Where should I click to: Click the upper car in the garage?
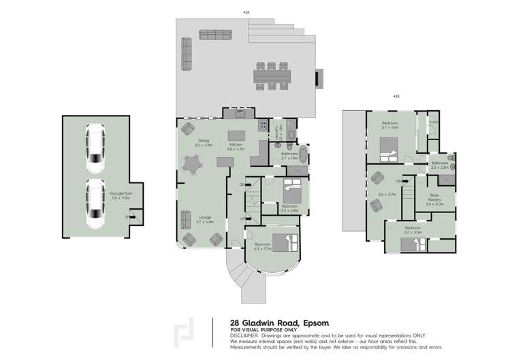95,148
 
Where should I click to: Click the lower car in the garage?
95,203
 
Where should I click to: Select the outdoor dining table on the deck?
271,76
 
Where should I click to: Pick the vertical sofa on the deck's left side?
186,53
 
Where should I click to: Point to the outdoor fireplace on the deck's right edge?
316,78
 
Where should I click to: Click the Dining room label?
204,143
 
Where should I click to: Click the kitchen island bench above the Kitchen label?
236,135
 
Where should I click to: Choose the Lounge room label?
204,219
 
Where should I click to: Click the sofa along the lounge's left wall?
185,220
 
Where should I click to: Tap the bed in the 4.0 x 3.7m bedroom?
281,242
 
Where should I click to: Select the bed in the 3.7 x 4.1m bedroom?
389,148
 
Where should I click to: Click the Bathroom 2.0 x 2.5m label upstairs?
440,165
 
